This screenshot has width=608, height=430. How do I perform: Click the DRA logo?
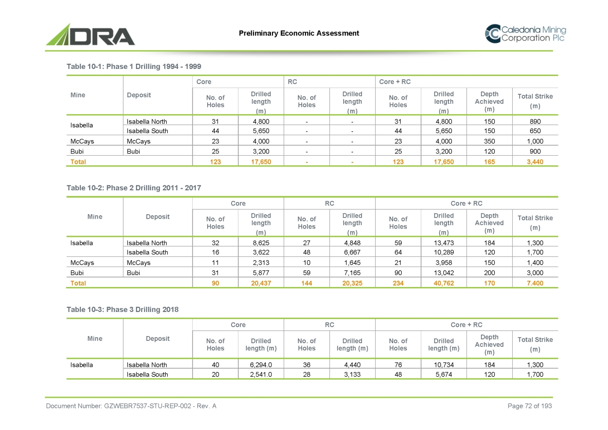90,35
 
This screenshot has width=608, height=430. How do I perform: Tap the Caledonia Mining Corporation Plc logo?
525,34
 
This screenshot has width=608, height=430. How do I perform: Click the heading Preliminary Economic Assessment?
299,33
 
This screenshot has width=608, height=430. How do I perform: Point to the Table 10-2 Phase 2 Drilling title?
134,188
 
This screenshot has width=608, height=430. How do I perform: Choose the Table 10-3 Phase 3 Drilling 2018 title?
122,310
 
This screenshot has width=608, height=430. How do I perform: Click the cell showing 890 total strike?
535,121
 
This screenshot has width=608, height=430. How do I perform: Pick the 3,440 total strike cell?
535,161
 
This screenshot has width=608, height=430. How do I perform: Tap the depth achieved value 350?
489,141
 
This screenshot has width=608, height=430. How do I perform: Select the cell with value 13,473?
444,243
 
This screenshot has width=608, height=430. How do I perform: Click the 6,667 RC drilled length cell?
352,253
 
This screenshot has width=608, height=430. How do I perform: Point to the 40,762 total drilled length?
444,283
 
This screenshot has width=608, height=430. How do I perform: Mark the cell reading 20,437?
261,283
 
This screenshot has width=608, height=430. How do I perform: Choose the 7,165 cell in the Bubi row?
352,273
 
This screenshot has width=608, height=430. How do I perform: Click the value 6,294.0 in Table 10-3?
261,365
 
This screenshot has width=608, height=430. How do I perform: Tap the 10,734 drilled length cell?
444,365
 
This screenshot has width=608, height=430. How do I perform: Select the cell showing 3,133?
352,375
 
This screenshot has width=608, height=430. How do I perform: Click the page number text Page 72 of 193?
529,406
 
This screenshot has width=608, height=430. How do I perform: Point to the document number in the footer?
131,406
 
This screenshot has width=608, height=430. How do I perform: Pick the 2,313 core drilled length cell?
261,263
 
